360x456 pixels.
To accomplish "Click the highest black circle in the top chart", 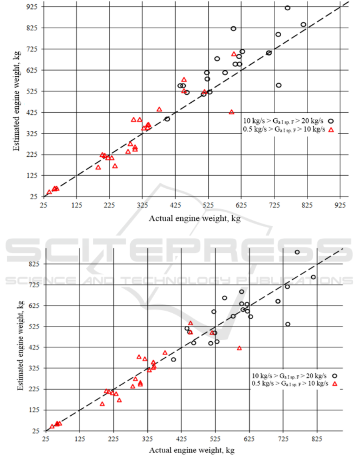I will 288,8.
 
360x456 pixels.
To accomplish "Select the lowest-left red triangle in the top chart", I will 49,192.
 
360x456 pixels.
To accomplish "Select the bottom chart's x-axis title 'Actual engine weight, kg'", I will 192,450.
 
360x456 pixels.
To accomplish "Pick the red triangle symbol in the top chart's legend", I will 331,129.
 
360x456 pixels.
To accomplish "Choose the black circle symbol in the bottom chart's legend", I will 335,376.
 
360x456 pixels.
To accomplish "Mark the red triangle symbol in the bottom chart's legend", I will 335,384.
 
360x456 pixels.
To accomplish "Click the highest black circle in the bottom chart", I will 297,252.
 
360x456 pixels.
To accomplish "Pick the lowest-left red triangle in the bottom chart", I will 52,426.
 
